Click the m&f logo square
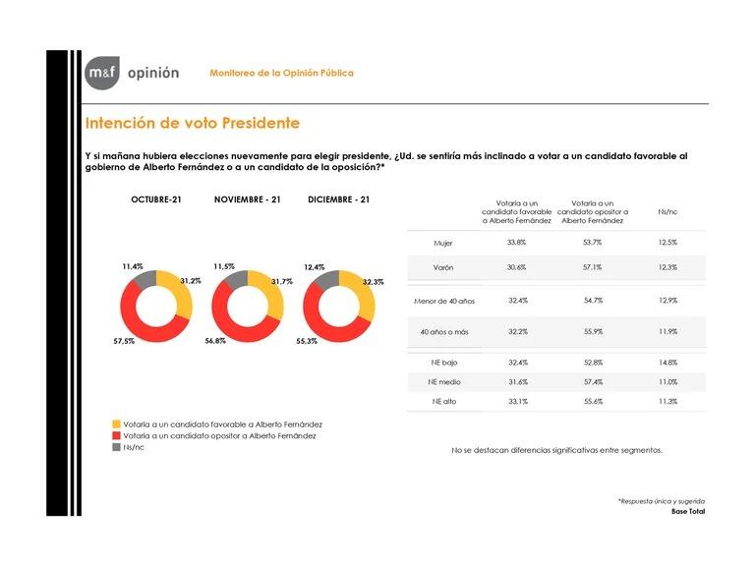(x=101, y=73)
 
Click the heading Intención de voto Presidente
(x=192, y=124)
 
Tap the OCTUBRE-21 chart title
(x=156, y=199)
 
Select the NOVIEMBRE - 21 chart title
(x=248, y=199)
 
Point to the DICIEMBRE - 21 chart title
(x=338, y=199)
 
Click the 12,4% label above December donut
(x=315, y=266)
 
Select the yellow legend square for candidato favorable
(x=118, y=424)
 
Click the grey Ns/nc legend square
(x=118, y=446)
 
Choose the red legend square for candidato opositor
(x=118, y=435)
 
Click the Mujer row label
(x=443, y=242)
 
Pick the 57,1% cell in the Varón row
(x=586, y=268)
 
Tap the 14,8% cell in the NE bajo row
(x=668, y=362)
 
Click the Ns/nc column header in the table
(x=668, y=210)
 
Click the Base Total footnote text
(x=687, y=512)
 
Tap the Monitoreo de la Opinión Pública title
(x=281, y=74)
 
